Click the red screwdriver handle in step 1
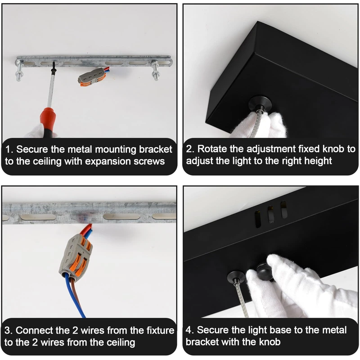tap(48, 119)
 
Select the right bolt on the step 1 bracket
tap(155, 70)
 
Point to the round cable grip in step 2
tap(261, 104)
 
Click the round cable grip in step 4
tap(236, 277)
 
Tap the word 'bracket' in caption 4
tap(202, 342)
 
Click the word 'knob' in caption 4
tap(270, 342)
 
